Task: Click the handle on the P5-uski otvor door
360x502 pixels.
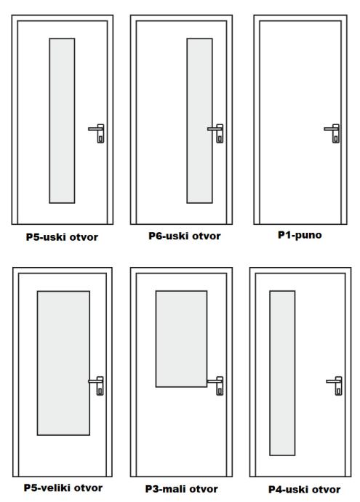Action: point(97,133)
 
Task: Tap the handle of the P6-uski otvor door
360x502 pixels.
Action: point(216,133)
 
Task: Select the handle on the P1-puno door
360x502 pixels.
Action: point(332,133)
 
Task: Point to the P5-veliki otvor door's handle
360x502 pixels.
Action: point(96,386)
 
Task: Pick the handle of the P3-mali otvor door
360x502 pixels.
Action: point(216,386)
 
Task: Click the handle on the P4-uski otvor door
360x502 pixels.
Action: point(335,386)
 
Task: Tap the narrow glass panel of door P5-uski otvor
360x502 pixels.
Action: point(62,121)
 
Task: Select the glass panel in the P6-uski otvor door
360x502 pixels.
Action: point(199,121)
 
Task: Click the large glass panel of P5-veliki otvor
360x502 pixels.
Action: point(63,363)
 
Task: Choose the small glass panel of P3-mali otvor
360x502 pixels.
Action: point(181,339)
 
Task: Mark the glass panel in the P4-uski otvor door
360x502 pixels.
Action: point(282,373)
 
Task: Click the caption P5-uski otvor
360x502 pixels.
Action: point(62,237)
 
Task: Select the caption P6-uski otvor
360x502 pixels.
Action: point(185,236)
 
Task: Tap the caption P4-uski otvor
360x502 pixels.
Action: point(304,490)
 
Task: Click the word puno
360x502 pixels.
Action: point(308,235)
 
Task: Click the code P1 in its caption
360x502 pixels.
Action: point(284,235)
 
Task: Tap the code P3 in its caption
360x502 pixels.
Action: point(152,489)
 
